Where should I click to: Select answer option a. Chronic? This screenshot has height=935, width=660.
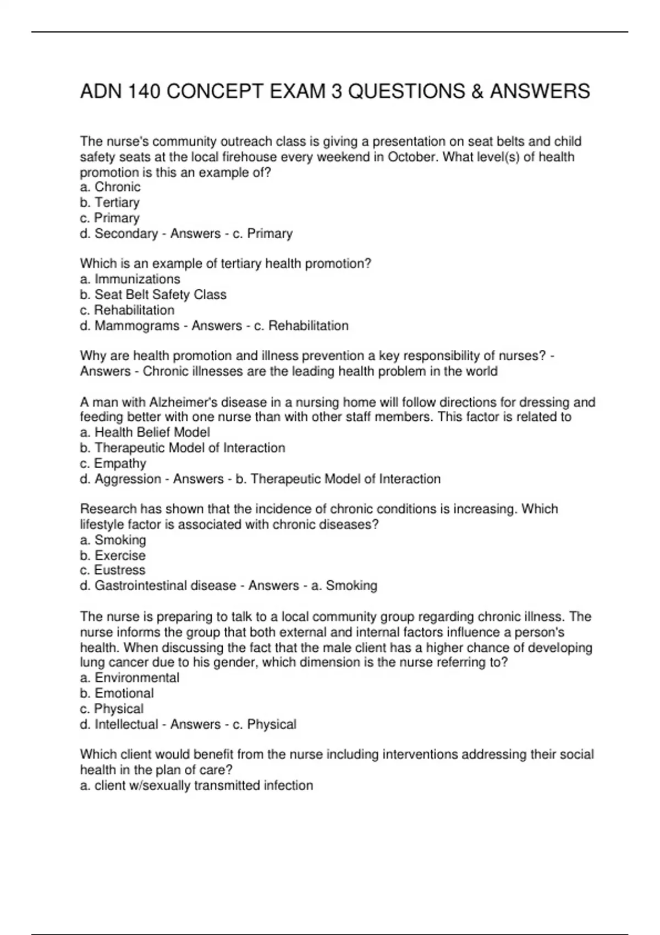click(110, 187)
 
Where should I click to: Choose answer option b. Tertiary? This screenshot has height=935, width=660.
click(109, 202)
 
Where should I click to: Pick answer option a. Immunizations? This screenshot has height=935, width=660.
click(130, 279)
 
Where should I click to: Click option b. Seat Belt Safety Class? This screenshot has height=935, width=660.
click(153, 295)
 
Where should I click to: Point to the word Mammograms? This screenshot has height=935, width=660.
click(137, 326)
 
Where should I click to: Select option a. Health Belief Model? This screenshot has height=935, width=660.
click(145, 432)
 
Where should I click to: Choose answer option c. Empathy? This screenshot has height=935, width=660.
click(113, 464)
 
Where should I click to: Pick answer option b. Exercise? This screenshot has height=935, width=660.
click(113, 555)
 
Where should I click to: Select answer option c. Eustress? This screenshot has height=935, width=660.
click(113, 570)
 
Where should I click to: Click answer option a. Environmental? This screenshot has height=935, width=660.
click(129, 678)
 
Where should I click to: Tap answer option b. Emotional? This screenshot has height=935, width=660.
click(117, 693)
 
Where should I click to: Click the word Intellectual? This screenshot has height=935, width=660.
click(127, 724)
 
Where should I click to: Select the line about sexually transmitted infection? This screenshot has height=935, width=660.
click(196, 785)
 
